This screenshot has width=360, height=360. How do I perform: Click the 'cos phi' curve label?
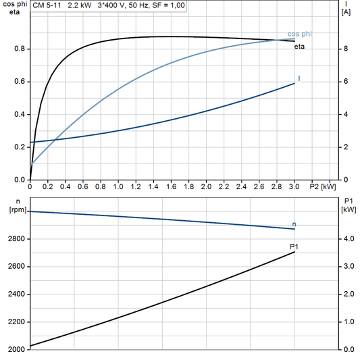(299, 33)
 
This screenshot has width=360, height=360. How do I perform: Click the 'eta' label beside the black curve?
(299, 47)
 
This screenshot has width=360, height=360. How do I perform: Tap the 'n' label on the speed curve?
(294, 224)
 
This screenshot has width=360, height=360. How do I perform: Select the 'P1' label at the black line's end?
(294, 247)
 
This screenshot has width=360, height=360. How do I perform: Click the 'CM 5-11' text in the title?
(47, 5)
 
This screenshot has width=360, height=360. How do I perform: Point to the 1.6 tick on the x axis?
(171, 185)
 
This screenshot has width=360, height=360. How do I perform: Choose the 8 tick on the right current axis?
(345, 49)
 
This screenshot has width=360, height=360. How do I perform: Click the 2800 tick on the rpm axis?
(15, 239)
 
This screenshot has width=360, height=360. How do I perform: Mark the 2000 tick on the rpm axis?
(15, 349)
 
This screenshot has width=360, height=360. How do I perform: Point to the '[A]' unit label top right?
(345, 11)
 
